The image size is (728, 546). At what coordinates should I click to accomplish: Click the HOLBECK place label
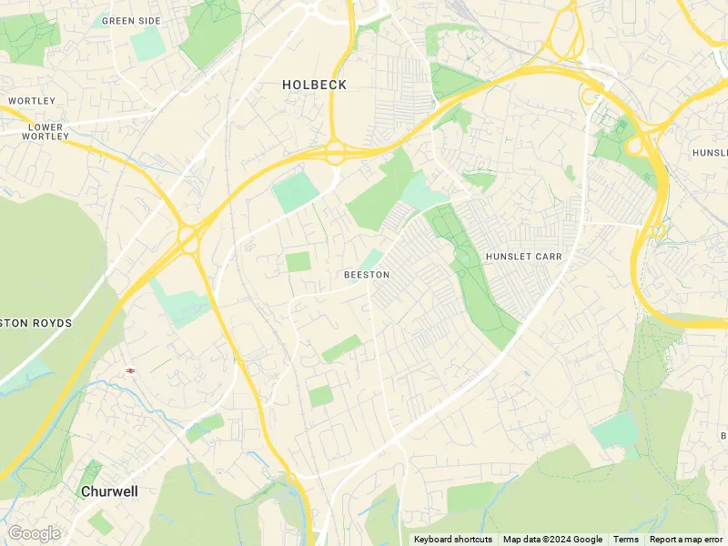314,85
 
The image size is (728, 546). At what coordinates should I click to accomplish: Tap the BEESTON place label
367,275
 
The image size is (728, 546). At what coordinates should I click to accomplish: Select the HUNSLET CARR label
523,257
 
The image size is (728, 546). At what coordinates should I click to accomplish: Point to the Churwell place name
109,491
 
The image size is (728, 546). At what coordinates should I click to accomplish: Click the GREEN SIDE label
131,20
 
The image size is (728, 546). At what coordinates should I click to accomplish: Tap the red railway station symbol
131,370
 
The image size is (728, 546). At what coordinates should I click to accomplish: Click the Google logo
34,533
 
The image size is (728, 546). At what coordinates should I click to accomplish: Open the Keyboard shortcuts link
453,540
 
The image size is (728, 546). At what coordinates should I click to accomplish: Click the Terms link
626,540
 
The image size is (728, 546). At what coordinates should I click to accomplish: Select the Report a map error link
686,540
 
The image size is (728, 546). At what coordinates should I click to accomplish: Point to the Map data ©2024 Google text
552,540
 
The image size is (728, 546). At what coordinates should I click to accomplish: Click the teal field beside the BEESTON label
371,259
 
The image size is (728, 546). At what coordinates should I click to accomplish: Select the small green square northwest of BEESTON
298,262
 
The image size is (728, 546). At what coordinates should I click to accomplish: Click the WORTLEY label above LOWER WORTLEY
32,100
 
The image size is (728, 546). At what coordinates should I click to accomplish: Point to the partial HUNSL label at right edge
710,152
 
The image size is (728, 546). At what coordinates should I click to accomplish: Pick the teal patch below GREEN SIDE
147,45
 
